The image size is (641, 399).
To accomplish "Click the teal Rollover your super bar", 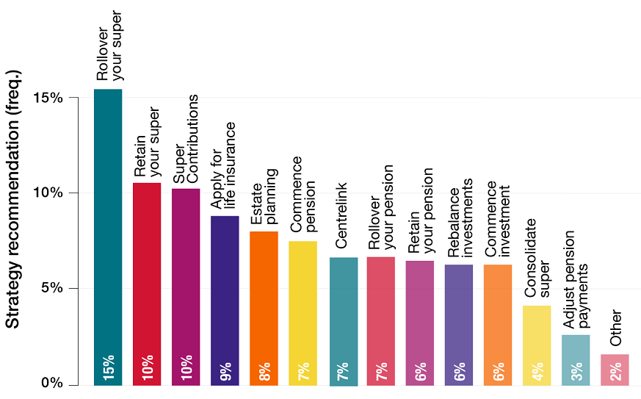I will point(108,235).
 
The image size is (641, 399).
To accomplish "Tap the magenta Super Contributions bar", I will point(186,287).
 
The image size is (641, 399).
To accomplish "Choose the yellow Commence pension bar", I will point(303,312).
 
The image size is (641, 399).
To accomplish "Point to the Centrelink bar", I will point(341,320).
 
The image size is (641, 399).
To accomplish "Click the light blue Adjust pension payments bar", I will point(576,359).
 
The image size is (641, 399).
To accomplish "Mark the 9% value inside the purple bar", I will point(225,370).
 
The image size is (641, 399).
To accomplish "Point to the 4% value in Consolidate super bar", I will point(537,370).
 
